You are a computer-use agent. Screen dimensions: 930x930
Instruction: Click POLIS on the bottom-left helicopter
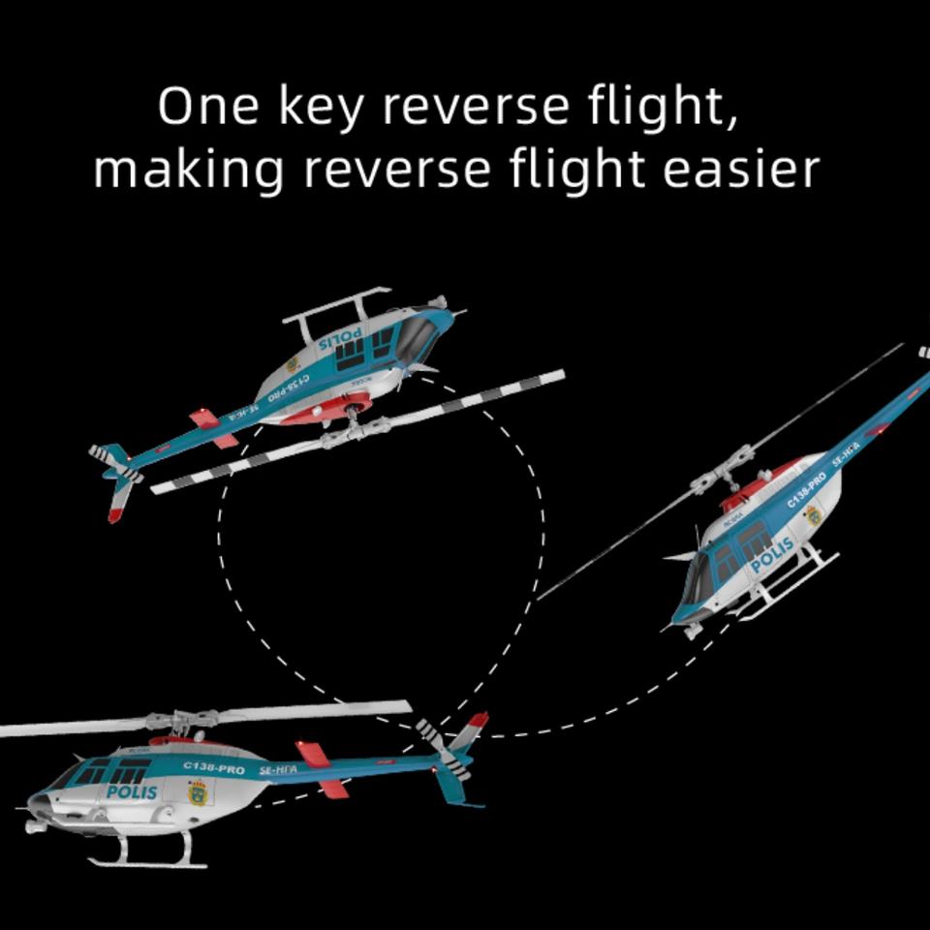pos(132,791)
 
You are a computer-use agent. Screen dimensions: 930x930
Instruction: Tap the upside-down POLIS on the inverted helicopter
pos(340,341)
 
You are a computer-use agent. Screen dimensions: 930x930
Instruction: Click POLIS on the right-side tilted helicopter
pos(772,555)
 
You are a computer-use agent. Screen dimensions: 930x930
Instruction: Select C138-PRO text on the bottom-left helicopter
pos(214,769)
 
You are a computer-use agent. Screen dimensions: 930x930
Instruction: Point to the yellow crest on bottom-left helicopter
pos(198,793)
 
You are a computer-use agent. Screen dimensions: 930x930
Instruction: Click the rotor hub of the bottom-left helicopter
pos(182,721)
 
